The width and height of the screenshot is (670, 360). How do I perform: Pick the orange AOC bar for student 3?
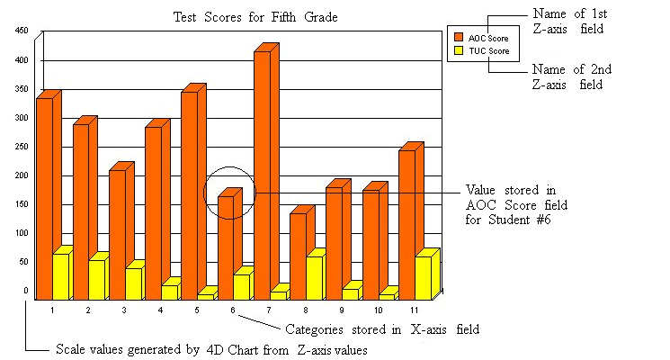point(117,234)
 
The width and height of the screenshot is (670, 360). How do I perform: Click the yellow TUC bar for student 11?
point(423,277)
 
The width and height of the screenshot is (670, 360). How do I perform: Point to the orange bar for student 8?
point(298,256)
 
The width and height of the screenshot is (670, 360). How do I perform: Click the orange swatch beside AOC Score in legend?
point(458,37)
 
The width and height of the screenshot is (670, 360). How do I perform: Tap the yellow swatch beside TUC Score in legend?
point(458,51)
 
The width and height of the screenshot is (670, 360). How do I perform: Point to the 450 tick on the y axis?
point(22,31)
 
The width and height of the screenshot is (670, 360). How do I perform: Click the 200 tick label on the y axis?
point(22,175)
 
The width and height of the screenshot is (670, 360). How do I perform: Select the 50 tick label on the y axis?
point(24,262)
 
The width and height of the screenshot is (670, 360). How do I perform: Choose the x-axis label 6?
point(232,310)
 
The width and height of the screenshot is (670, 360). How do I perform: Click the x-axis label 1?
point(52,310)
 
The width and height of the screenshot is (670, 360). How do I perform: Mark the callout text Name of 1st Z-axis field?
point(567,22)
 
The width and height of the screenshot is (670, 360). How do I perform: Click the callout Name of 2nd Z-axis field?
point(567,76)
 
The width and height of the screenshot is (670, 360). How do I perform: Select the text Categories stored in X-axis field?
point(381,329)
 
